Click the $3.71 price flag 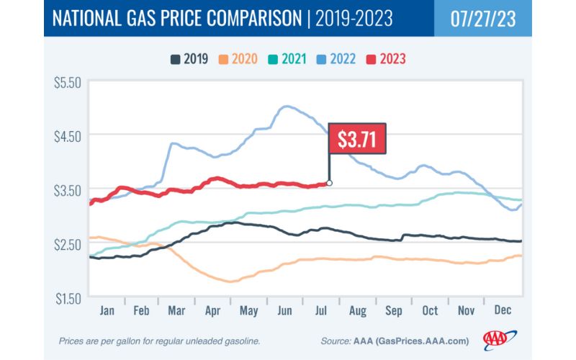(357, 138)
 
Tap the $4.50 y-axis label (68, 136)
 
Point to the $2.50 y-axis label (68, 243)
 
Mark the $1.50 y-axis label (68, 297)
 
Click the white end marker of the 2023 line (330, 183)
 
